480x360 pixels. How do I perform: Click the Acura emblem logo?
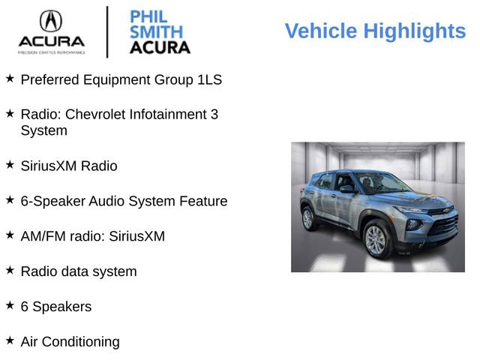click(x=51, y=20)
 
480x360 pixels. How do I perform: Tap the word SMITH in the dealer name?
click(x=156, y=31)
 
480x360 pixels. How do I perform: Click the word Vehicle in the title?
click(x=320, y=31)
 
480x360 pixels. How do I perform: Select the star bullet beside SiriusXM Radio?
click(x=10, y=164)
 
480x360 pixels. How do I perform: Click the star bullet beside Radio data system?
click(x=10, y=270)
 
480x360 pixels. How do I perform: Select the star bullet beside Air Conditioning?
click(x=10, y=340)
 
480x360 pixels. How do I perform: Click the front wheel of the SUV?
click(x=375, y=239)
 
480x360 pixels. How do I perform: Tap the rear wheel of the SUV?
click(x=307, y=219)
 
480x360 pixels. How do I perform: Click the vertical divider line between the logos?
click(x=107, y=31)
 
